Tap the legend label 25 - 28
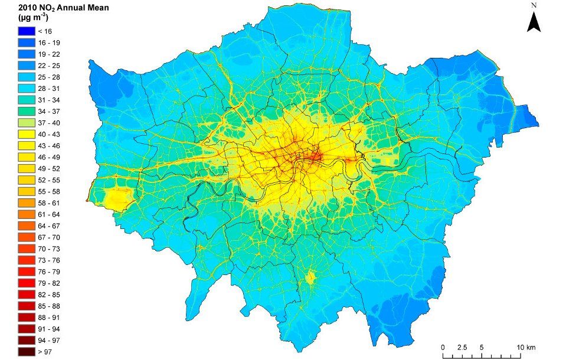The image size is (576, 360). [x=48, y=77]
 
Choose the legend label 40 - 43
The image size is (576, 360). [x=48, y=135]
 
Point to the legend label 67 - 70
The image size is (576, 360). [x=48, y=237]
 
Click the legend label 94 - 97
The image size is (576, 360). [x=48, y=341]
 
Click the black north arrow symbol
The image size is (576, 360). [x=534, y=22]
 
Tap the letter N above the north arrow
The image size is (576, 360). [x=534, y=5]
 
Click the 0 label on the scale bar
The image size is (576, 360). [x=443, y=346]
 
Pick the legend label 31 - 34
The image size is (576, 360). [x=48, y=100]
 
